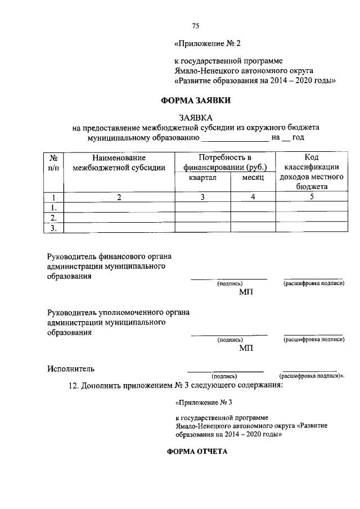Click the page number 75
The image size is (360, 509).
[196, 25]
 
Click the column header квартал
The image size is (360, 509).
[203, 177]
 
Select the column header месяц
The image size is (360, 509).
[253, 177]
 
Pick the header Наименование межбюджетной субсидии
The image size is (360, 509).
[119, 163]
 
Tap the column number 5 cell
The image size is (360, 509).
[311, 197]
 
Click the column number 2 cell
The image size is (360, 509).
[119, 197]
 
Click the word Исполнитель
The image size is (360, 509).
[71, 369]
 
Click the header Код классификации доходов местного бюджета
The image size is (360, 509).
[311, 172]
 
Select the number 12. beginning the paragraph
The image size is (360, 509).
[74, 386]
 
